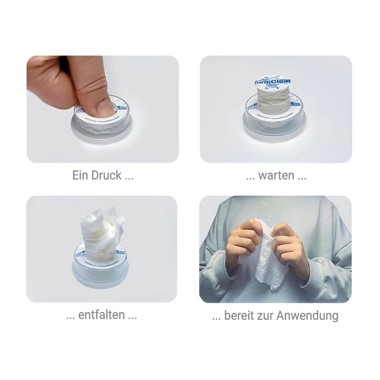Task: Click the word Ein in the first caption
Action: click(79, 175)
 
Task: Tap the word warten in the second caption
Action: click(276, 175)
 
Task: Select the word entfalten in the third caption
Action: click(101, 315)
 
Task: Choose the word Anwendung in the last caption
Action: click(307, 315)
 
